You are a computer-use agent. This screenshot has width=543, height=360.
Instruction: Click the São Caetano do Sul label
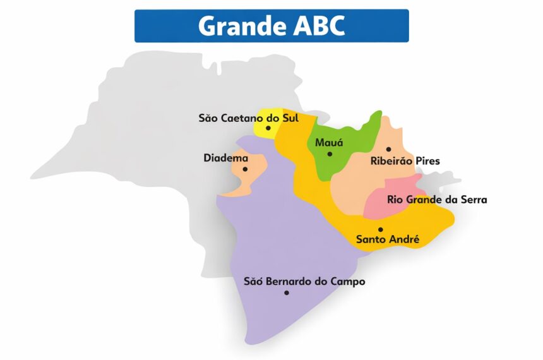coord(248,117)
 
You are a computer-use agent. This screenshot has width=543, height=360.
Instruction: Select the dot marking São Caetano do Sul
coord(268,128)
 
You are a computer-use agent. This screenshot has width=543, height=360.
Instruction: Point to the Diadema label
coord(225,157)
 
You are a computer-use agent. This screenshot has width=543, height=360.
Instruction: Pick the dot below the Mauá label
coord(330,154)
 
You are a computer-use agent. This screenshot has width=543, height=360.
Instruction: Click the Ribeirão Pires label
coord(405,161)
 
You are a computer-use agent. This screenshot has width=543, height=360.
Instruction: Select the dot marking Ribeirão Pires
coord(388,150)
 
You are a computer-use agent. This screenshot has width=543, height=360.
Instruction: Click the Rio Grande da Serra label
coord(437,200)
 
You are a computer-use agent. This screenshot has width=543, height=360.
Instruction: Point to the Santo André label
coord(388,239)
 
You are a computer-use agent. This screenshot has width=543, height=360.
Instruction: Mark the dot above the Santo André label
coord(380,229)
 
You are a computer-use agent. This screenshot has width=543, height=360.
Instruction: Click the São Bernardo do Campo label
coord(304,282)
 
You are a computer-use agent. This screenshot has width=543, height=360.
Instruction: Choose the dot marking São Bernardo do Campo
coord(287,292)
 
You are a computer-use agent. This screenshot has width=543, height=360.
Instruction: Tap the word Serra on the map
coord(474,200)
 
